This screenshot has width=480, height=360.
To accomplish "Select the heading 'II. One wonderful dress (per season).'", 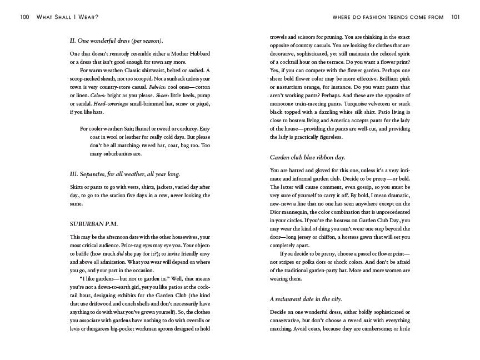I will pos(116,41).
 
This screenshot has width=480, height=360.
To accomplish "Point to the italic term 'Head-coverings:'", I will pos(108,104).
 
